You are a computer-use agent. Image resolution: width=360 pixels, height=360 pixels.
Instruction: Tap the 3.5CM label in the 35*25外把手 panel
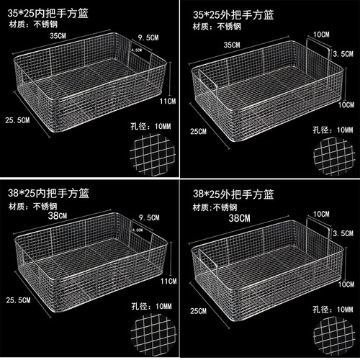[343, 53]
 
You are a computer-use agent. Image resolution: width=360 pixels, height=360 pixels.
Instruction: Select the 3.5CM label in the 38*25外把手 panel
[343, 233]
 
